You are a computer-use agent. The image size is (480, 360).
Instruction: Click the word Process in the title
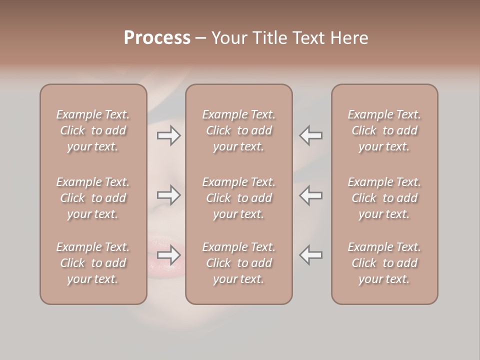click(157, 38)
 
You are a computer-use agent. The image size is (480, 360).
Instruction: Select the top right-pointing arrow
click(169, 135)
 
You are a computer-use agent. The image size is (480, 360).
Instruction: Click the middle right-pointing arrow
click(169, 195)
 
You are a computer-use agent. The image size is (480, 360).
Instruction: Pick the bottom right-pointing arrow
click(169, 255)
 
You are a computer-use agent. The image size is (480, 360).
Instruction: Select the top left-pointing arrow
click(311, 135)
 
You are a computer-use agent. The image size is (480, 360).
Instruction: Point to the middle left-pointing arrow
click(311, 195)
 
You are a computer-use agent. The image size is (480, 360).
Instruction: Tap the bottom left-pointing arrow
click(311, 255)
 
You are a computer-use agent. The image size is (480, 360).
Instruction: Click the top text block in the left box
click(93, 130)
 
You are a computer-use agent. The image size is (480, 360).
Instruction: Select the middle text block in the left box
click(93, 198)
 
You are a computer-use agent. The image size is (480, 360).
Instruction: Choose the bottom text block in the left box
click(93, 263)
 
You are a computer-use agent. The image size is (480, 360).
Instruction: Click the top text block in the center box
click(239, 130)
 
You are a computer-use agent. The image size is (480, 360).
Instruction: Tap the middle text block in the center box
click(239, 198)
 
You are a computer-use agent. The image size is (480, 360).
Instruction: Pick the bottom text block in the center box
click(239, 263)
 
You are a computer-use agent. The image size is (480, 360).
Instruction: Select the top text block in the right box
click(384, 130)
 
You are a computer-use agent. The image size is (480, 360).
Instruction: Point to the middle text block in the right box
click(384, 198)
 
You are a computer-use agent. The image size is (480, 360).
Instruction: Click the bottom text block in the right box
click(384, 263)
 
